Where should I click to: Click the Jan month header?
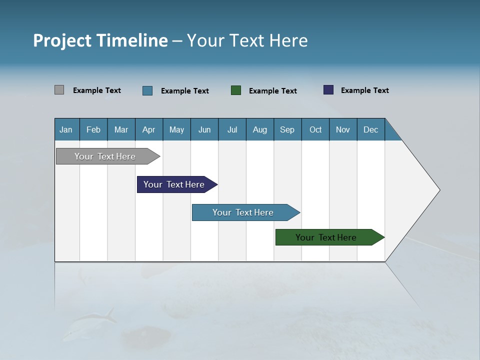(x=66, y=129)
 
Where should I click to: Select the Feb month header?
(x=93, y=129)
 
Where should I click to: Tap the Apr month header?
(x=148, y=129)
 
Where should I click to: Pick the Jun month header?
(x=204, y=129)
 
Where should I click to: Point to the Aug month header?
(x=259, y=129)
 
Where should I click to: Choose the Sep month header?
(x=287, y=129)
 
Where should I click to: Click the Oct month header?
(x=315, y=129)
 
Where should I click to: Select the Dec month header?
(x=370, y=129)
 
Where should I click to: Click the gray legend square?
(x=59, y=90)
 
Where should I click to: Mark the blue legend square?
(x=147, y=90)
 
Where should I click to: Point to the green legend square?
(x=236, y=90)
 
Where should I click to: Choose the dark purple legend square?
(x=328, y=90)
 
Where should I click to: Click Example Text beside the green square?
(x=272, y=91)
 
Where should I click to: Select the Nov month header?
(x=343, y=129)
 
